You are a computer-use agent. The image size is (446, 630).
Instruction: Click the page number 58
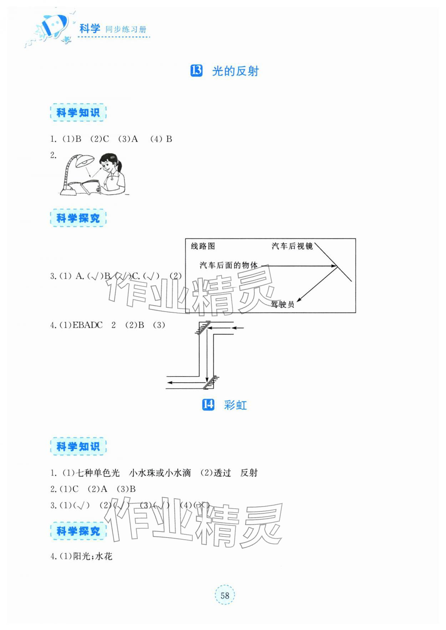coord(224,595)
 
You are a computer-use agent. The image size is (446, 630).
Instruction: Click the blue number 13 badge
coord(197,71)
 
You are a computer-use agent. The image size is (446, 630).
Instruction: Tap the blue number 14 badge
coord(208,404)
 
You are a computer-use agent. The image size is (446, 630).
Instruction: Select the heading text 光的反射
coord(235,71)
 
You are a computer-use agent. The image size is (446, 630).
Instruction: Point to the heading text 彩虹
coord(235,405)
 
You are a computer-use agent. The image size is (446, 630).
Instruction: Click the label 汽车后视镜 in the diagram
coord(292,246)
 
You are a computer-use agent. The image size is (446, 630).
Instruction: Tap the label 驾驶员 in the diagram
coord(283,304)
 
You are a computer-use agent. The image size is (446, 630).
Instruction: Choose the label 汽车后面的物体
coord(228,265)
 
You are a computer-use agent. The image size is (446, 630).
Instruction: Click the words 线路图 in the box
coord(203,246)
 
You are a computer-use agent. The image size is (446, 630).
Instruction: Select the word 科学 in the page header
coord(90,29)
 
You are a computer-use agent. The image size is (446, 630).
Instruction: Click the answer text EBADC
coord(87,325)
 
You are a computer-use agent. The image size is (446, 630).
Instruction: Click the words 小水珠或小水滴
coord(160,473)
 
